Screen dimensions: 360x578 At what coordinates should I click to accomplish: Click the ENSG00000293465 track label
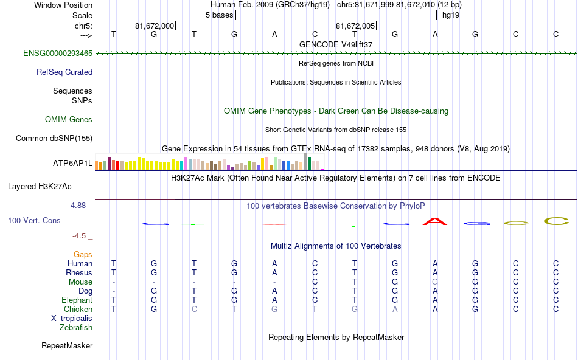[x=58, y=54]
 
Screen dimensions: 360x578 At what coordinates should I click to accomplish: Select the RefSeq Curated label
[x=64, y=72]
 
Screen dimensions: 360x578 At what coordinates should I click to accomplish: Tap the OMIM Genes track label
[x=69, y=119]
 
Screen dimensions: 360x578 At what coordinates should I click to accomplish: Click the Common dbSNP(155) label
[x=54, y=138]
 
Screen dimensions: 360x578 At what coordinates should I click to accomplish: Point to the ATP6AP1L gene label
[x=72, y=163]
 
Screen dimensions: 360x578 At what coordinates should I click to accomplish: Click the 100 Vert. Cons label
[x=35, y=220]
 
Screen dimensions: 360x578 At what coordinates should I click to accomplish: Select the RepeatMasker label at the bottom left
[x=67, y=346]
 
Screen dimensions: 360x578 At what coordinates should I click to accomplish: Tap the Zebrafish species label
[x=76, y=327]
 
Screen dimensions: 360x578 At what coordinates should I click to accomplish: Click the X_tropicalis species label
[x=72, y=318]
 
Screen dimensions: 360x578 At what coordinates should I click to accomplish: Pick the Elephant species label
[x=77, y=300]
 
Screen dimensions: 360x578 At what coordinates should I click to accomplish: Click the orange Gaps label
[x=83, y=254]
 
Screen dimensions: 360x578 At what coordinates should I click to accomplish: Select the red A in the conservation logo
[x=435, y=221]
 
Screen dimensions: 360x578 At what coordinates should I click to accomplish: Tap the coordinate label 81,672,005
[x=355, y=26]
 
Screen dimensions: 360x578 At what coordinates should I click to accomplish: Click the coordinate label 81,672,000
[x=155, y=26]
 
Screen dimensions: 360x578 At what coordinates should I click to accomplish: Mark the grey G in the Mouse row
[x=435, y=282]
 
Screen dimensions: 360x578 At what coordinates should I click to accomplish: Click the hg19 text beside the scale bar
[x=451, y=15]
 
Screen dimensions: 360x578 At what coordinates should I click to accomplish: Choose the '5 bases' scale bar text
[x=219, y=15]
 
